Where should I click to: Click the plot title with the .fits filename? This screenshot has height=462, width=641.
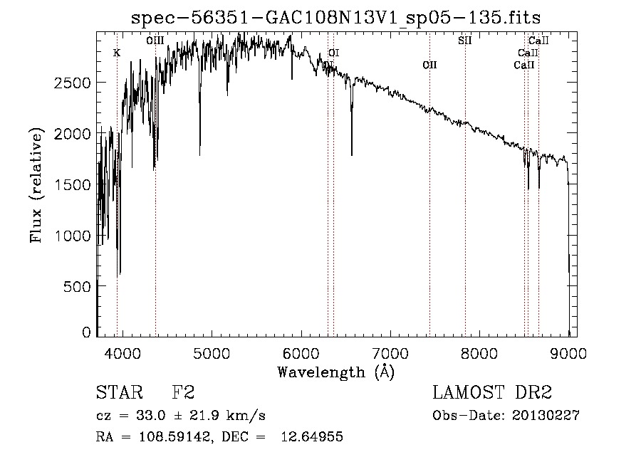pyautogui.click(x=337, y=18)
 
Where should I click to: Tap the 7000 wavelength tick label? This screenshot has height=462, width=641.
pyautogui.click(x=390, y=352)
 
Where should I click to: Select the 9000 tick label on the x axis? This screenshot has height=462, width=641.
pyautogui.click(x=568, y=352)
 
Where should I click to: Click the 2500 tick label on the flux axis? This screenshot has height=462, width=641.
pyautogui.click(x=73, y=83)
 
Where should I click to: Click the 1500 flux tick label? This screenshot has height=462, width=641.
pyautogui.click(x=73, y=184)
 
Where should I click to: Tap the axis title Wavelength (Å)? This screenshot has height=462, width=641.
pyautogui.click(x=335, y=372)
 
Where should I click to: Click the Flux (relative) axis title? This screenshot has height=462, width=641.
pyautogui.click(x=36, y=184)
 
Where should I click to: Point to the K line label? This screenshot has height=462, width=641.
pyautogui.click(x=117, y=53)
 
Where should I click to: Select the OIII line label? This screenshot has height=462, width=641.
pyautogui.click(x=155, y=41)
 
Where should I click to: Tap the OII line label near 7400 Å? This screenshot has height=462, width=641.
pyautogui.click(x=429, y=65)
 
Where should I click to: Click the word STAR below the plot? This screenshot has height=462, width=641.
pyautogui.click(x=119, y=393)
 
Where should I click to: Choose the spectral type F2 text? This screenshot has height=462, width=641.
pyautogui.click(x=184, y=393)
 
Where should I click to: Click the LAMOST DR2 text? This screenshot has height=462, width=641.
pyautogui.click(x=492, y=393)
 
